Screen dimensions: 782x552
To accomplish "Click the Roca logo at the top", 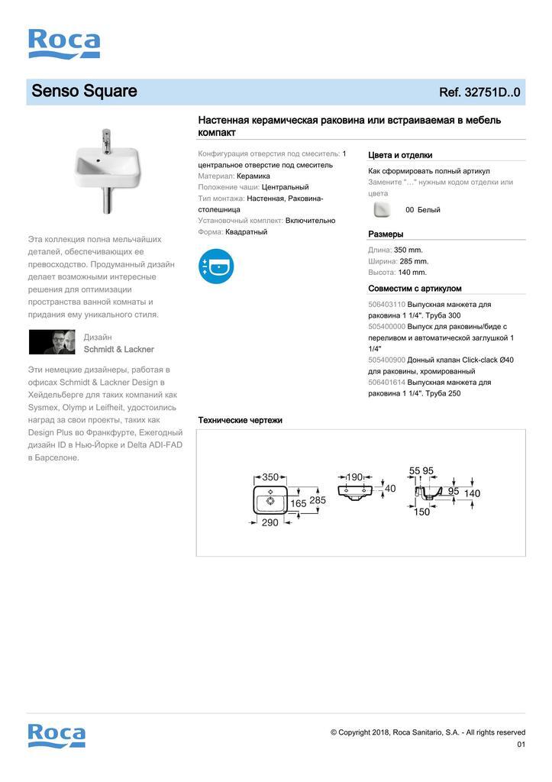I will tap(64, 44).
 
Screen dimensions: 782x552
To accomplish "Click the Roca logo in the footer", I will tap(56, 735).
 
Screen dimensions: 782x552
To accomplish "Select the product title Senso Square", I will tap(84, 92).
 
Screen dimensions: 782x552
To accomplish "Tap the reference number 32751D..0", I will tap(479, 92).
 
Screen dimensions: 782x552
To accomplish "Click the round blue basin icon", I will tap(215, 266).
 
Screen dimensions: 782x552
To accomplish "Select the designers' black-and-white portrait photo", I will tap(52, 342).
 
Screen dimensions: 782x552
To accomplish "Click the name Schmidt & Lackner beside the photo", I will tap(118, 349).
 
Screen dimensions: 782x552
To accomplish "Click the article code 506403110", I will tap(386, 304).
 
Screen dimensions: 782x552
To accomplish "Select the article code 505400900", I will tap(386, 360).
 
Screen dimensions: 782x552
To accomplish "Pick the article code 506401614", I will tap(386, 382).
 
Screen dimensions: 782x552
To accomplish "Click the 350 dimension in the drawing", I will tap(271, 477).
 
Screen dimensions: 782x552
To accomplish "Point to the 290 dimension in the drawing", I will tap(270, 522).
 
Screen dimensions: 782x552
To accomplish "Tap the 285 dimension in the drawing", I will tap(317, 500).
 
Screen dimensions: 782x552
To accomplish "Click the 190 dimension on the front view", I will tap(354, 477).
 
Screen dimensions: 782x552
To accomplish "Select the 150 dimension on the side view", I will tap(421, 512).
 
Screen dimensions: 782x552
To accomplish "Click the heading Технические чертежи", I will tap(240, 420).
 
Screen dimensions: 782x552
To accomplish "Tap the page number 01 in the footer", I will tap(521, 745).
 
